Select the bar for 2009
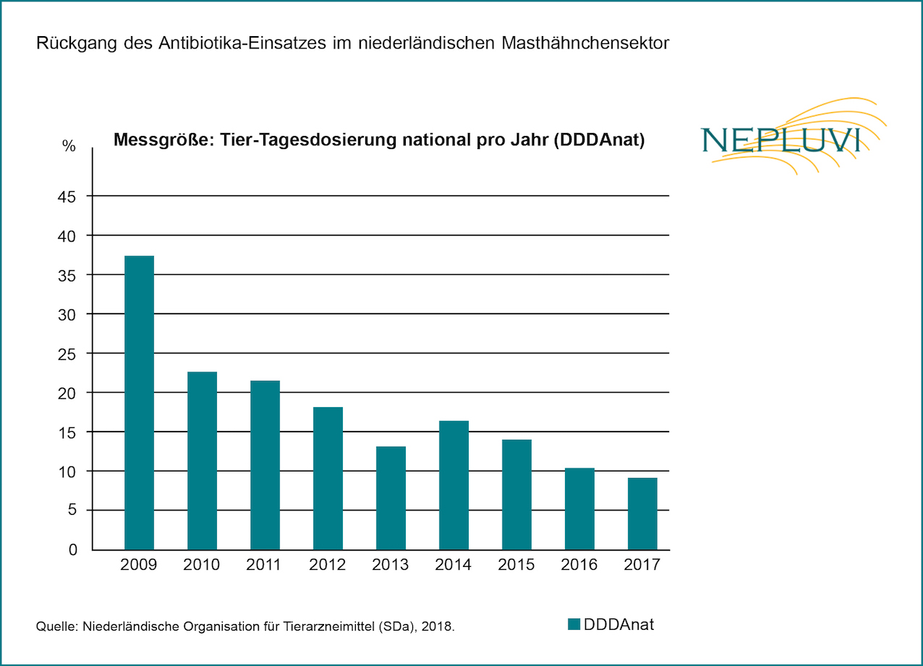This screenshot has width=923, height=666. tap(139, 403)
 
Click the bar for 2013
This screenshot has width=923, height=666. tap(390, 498)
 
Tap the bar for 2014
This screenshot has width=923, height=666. tap(454, 485)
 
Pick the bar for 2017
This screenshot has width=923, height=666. tap(642, 513)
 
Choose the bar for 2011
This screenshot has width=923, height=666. tap(265, 465)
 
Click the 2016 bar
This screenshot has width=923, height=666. tap(579, 509)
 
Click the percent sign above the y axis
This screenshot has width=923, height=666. tap(69, 146)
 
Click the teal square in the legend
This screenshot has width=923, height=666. tap(574, 625)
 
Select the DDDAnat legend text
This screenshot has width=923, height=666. tap(618, 624)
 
